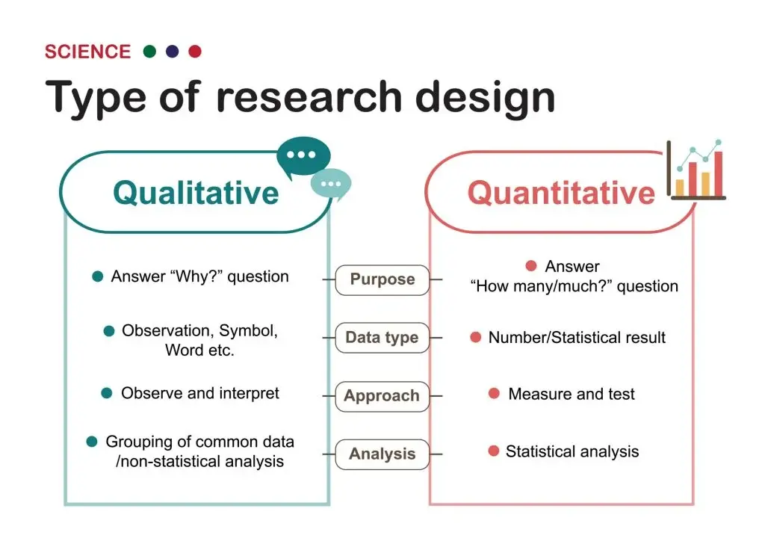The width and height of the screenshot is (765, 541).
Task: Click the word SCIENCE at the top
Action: [87, 52]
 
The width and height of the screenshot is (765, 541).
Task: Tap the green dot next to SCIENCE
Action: [149, 52]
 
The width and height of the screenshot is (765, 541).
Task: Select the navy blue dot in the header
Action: [173, 52]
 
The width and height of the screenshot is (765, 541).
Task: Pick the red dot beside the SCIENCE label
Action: [195, 52]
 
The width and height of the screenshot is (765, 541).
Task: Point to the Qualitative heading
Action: [196, 192]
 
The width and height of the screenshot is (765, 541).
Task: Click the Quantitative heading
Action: [560, 193]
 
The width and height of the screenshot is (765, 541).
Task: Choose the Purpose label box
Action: [382, 279]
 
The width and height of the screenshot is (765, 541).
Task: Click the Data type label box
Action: [382, 338]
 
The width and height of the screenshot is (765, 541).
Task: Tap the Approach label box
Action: [382, 396]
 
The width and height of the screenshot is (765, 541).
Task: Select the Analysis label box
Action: [382, 454]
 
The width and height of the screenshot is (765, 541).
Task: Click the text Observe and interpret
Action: [200, 393]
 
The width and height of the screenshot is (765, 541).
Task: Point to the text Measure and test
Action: [572, 394]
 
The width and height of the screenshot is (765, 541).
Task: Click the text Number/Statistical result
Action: [577, 338]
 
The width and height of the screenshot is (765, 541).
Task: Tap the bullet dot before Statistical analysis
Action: [493, 451]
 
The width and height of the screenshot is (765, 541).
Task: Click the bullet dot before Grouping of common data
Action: [92, 442]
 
